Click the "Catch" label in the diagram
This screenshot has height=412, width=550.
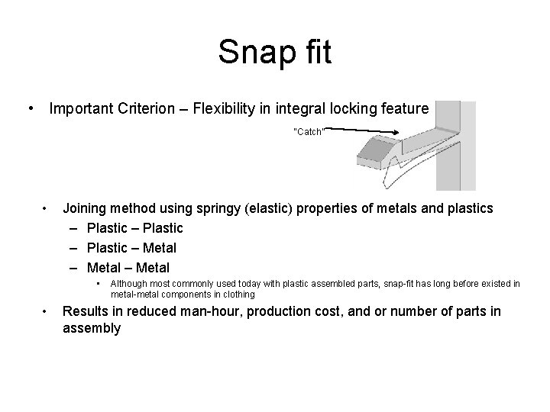click(x=309, y=132)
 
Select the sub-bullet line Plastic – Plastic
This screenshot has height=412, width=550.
click(x=135, y=228)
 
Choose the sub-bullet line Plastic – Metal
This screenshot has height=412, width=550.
click(x=131, y=248)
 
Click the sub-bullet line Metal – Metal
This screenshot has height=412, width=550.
click(x=128, y=268)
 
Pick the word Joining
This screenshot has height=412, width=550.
click(x=86, y=208)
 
